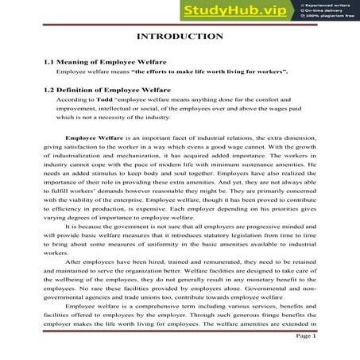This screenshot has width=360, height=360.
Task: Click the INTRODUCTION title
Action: (180, 37)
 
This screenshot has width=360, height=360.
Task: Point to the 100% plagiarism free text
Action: (331, 17)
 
